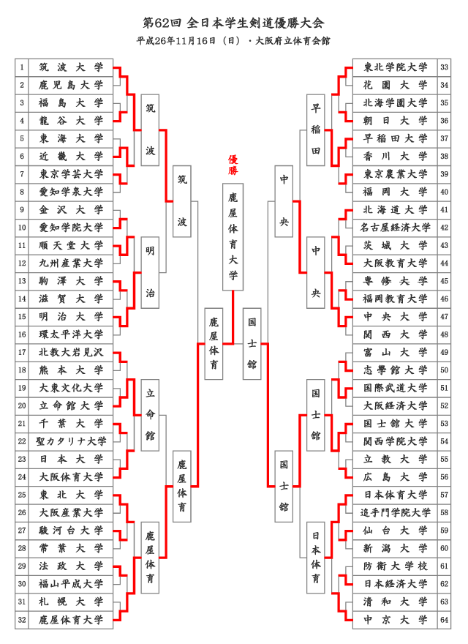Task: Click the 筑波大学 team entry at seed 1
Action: pos(71,67)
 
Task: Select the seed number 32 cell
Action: pos(22,620)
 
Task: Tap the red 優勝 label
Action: pos(233,165)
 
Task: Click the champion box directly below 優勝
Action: pos(233,237)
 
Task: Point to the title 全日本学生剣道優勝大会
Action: pos(255,23)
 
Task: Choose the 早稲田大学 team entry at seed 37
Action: pos(395,139)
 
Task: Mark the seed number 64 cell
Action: pos(444,620)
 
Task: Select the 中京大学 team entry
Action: pos(395,620)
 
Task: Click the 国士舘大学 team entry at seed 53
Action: pos(395,424)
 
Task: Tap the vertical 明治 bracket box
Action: pos(150,272)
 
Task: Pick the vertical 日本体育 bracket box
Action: pos(316,558)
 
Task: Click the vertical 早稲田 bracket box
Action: pos(316,130)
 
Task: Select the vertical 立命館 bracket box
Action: pos(150,415)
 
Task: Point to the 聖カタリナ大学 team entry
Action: pos(71,441)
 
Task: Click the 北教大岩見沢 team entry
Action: pos(71,353)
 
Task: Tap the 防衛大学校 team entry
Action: pos(395,566)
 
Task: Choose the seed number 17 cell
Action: pos(22,353)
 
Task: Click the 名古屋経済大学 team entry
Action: pos(395,228)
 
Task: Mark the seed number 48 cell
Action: pos(444,334)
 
